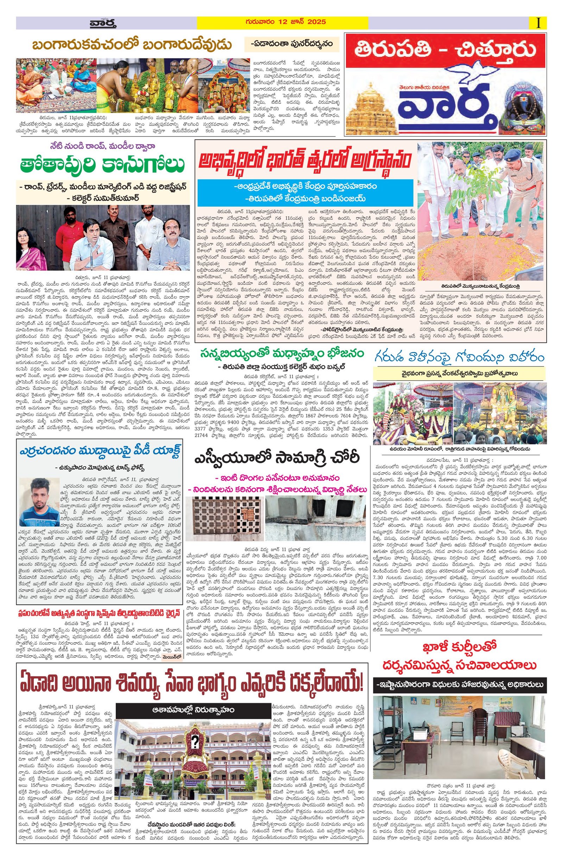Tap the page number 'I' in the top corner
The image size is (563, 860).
tap(538, 23)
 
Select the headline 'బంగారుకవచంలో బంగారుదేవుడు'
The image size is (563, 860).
tap(131, 45)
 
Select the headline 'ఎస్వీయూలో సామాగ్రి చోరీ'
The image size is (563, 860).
tap(276, 458)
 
